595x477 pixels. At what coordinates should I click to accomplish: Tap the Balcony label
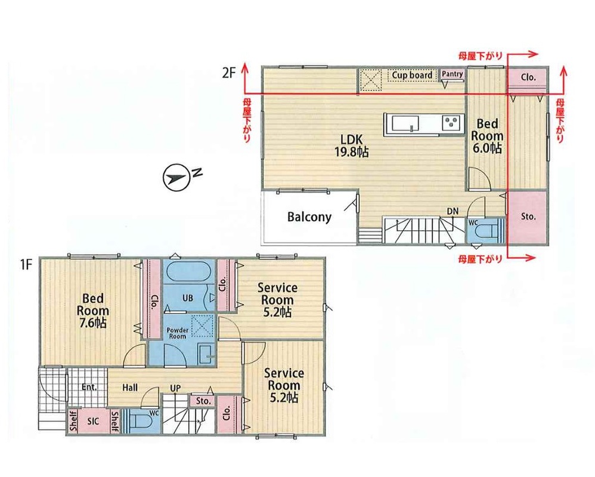tap(309, 217)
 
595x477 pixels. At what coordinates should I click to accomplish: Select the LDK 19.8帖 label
tap(351, 145)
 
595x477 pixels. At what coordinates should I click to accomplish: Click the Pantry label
tap(453, 74)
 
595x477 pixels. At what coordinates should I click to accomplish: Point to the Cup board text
tap(412, 75)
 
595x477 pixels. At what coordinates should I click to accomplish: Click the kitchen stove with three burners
tap(451, 123)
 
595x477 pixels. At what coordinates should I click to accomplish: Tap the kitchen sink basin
tap(405, 123)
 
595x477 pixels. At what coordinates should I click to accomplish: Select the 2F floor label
tap(229, 73)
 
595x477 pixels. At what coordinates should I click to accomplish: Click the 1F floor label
tap(26, 265)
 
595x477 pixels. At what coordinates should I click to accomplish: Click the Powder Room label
tap(178, 333)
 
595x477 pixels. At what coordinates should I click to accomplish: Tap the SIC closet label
tap(93, 421)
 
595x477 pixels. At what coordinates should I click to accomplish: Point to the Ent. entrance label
tap(89, 388)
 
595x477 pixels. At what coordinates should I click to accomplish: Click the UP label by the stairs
tap(175, 388)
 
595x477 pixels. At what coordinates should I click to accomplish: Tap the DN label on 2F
tap(453, 211)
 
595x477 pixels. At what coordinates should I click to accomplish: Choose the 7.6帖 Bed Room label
tap(93, 311)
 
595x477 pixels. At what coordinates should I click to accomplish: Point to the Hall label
tap(130, 388)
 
